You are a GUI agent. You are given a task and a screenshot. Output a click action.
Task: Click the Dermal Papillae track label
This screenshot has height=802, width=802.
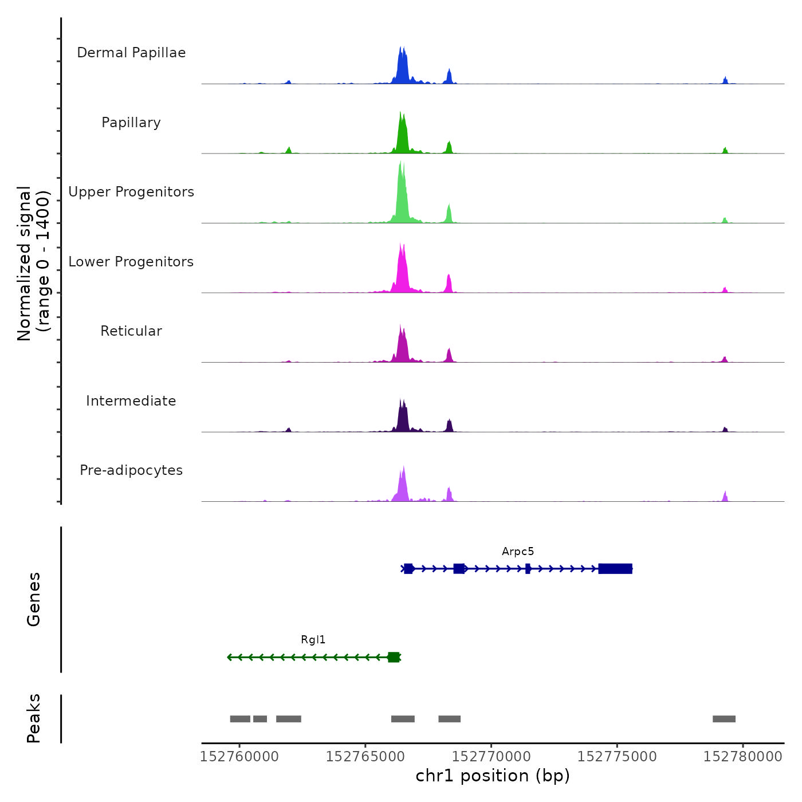(131, 53)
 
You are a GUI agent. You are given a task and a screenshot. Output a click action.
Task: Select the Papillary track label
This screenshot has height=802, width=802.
(131, 123)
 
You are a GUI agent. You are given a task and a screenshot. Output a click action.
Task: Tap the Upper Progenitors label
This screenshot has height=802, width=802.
(131, 192)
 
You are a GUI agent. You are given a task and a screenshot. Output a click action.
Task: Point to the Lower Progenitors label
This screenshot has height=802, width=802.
(131, 262)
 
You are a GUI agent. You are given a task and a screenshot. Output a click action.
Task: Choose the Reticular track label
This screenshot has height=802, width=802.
(131, 331)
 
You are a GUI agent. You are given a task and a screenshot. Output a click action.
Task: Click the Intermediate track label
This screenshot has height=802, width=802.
(131, 401)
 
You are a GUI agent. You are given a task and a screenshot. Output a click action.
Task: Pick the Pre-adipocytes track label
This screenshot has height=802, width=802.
(131, 470)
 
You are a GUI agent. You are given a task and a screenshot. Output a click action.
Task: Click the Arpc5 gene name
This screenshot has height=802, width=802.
(518, 552)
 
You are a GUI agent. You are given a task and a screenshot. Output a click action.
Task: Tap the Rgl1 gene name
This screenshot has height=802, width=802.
(313, 640)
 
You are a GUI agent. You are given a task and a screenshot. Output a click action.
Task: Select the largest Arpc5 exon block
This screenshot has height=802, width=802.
(615, 568)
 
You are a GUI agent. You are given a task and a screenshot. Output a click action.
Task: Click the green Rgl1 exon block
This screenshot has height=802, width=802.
(394, 657)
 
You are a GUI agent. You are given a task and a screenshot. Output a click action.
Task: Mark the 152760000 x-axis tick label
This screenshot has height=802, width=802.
(239, 757)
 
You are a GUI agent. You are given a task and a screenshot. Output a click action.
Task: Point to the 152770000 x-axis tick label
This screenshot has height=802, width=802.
(492, 757)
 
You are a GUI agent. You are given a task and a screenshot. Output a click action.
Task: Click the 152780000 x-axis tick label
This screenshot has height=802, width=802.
(743, 757)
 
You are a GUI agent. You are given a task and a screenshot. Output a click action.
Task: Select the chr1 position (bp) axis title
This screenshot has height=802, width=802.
(493, 776)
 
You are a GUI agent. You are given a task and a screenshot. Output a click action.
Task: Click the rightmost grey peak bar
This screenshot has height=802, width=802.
(724, 719)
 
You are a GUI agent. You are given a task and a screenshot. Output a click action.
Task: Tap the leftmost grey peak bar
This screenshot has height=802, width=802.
(240, 719)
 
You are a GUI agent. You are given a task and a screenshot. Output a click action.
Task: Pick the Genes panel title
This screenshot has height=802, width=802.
(34, 599)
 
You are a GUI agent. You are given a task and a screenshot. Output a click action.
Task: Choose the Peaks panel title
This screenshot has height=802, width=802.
(34, 718)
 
